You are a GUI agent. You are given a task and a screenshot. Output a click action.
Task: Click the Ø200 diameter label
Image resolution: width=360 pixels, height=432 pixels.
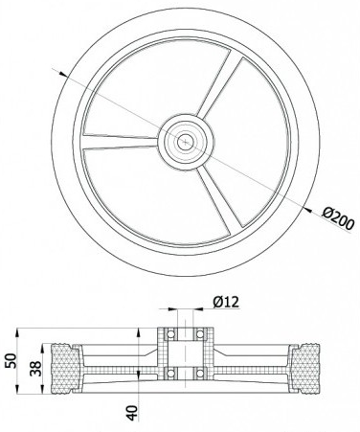pyautogui.click(x=338, y=218)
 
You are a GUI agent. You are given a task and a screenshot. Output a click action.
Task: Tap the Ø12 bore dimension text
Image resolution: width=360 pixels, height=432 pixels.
pyautogui.click(x=226, y=302)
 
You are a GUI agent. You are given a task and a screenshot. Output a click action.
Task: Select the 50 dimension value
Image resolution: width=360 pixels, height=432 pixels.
pyautogui.click(x=11, y=360)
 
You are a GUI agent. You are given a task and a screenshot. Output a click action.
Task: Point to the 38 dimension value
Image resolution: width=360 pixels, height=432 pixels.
pyautogui.click(x=35, y=369)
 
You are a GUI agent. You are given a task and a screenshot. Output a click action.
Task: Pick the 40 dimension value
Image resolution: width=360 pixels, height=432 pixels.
pyautogui.click(x=132, y=413)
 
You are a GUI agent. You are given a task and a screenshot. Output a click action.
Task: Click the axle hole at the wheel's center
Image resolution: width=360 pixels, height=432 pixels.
pyautogui.click(x=184, y=143)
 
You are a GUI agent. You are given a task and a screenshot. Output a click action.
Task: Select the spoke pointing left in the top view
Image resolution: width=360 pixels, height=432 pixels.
pyautogui.click(x=121, y=142)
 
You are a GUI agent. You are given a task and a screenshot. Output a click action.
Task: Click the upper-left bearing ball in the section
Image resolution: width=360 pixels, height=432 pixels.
pyautogui.click(x=170, y=334)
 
